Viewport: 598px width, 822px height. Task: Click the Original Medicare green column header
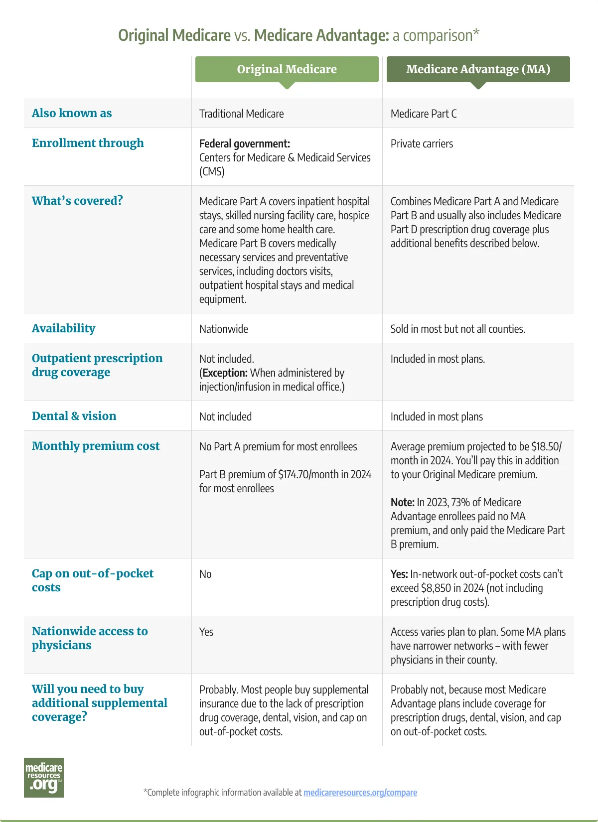tap(287, 69)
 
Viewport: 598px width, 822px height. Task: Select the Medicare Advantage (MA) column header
tap(478, 69)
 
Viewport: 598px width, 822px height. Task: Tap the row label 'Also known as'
tap(72, 113)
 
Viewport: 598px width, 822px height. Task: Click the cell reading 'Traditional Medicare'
tap(241, 114)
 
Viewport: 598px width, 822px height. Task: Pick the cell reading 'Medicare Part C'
tap(423, 114)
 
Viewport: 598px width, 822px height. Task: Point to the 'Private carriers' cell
tap(422, 143)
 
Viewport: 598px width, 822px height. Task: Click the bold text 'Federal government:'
tap(244, 143)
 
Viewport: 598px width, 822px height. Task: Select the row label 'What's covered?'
tap(77, 201)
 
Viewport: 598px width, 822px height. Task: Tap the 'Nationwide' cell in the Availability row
tap(223, 329)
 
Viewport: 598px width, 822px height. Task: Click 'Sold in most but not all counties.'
tap(457, 329)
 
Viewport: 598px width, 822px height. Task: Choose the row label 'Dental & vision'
tap(74, 416)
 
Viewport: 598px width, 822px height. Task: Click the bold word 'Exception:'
tap(225, 373)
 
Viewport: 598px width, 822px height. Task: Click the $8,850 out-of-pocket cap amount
tap(436, 588)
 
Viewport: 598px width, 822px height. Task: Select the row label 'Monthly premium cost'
tap(96, 446)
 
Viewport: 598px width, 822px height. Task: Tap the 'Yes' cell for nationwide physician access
tap(206, 632)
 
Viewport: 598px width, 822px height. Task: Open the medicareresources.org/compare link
tap(360, 792)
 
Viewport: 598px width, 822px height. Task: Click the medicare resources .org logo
tap(44, 778)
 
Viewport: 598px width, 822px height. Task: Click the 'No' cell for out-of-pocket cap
tap(205, 574)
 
